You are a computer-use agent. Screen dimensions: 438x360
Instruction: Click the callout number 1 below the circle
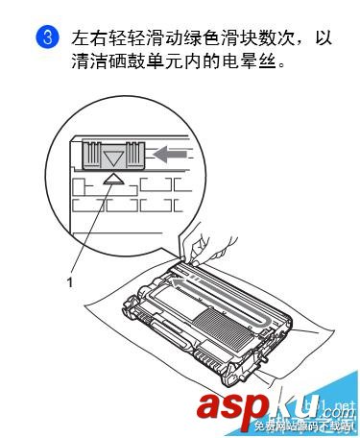(x=69, y=280)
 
